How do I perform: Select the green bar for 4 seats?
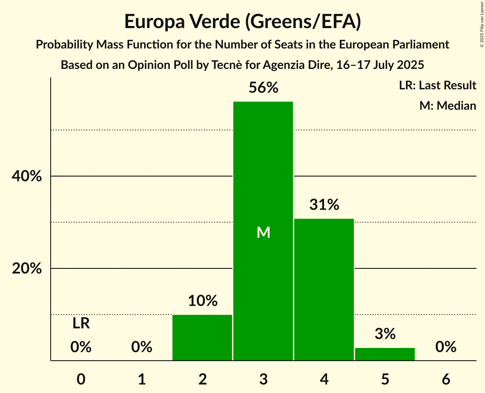324,289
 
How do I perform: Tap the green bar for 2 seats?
202,338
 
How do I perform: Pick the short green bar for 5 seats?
385,354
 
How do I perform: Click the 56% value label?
263,88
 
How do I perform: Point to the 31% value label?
324,205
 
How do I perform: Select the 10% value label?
202,301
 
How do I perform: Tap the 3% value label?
385,334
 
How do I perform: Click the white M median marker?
264,233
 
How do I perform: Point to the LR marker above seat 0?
81,324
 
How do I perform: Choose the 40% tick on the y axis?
26,176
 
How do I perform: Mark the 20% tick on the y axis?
26,269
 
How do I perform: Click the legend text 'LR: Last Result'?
437,85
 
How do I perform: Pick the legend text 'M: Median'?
448,105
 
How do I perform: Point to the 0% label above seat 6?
446,347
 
